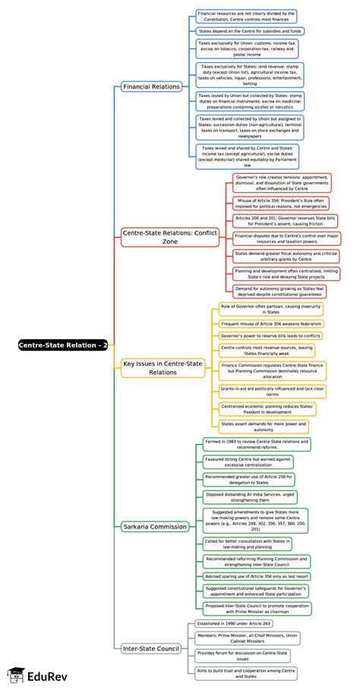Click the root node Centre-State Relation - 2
63,345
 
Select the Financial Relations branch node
151,87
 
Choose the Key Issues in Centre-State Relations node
163,368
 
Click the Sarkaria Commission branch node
154,526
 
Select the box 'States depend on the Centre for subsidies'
250,31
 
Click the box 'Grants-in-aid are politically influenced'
271,392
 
